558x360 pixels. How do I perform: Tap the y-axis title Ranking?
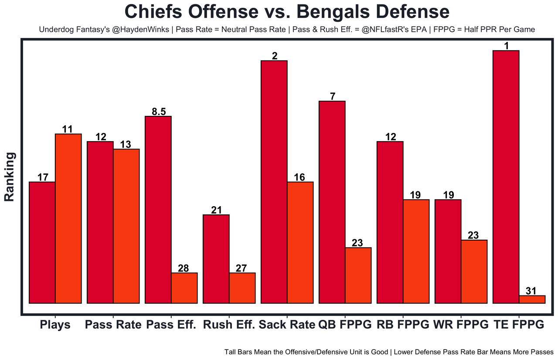click(10, 177)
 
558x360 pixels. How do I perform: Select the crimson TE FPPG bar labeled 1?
click(506, 177)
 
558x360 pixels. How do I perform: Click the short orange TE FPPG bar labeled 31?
click(532, 299)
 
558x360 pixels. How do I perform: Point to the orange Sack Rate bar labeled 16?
click(300, 242)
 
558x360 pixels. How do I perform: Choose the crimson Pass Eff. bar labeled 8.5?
click(158, 209)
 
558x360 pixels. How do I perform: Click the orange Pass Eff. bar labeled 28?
click(184, 288)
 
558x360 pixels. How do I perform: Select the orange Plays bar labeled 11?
click(68, 218)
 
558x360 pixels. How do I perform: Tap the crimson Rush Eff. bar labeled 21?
click(216, 259)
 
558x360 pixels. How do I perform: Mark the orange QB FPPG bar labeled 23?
click(358, 275)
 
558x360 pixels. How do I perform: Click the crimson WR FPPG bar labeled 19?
click(448, 251)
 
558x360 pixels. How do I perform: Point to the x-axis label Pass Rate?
click(113, 325)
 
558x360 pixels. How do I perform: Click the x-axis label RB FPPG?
click(403, 325)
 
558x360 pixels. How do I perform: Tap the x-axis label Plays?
click(55, 325)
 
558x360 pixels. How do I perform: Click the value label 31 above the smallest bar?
click(532, 291)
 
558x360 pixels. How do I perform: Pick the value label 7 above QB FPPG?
click(332, 96)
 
